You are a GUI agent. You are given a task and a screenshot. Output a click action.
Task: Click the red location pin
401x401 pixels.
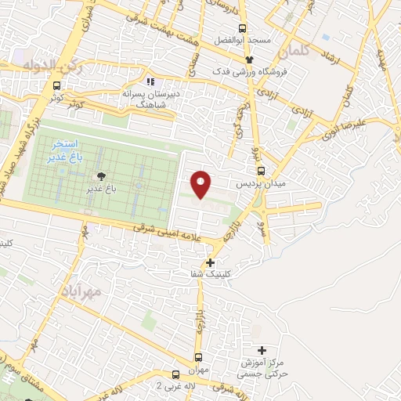click(x=201, y=183)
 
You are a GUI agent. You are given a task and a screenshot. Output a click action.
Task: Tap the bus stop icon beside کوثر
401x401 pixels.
click(x=56, y=87)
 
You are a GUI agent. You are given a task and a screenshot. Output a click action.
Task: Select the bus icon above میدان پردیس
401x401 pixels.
click(x=261, y=170)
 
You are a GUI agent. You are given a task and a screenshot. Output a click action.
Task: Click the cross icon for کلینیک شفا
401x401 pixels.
click(x=210, y=262)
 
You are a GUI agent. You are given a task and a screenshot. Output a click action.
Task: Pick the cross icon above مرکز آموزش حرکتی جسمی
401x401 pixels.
click(x=261, y=350)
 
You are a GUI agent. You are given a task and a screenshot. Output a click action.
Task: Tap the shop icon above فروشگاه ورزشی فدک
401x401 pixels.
click(x=250, y=60)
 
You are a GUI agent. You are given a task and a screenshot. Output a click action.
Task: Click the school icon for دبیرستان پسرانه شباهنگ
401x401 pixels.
click(x=150, y=81)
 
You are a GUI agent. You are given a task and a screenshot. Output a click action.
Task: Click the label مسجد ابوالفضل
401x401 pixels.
click(x=245, y=39)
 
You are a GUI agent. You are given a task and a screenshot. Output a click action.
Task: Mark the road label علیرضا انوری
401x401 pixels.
click(x=349, y=125)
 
